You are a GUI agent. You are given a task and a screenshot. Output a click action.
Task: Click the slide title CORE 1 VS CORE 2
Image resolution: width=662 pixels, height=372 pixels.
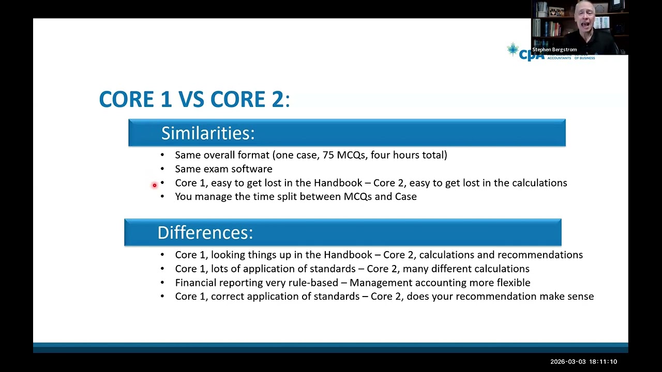point(194,99)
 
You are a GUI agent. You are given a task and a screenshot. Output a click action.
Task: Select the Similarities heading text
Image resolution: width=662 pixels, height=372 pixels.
point(208,133)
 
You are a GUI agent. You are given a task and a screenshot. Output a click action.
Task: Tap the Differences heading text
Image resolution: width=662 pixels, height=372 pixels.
point(205,233)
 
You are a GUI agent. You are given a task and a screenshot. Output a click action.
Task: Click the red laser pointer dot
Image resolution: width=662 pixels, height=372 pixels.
point(154,185)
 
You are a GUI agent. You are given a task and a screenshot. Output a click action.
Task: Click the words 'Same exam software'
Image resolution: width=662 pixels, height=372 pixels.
point(223,169)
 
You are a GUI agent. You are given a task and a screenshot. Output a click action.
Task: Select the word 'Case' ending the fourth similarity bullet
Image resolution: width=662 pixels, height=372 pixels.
point(405,197)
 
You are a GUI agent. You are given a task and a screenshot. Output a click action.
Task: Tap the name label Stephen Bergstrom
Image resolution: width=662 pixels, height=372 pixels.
point(554,50)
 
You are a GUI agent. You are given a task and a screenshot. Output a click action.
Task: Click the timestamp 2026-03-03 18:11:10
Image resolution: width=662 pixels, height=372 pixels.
point(583,362)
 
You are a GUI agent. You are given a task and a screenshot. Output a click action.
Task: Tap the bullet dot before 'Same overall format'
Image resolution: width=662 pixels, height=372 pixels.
point(162,155)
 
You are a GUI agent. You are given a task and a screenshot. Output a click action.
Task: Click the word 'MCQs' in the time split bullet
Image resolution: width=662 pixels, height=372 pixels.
point(357,197)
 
